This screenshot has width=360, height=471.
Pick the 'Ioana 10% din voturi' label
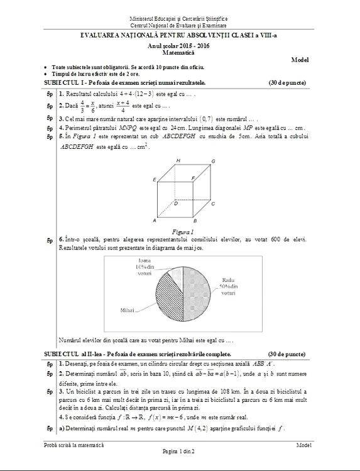click(145, 266)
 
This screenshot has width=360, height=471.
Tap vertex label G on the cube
click(213, 161)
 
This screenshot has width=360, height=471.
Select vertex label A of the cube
click(155, 221)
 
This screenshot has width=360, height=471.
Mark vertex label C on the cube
click(213, 203)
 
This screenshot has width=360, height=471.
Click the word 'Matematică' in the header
click(180, 53)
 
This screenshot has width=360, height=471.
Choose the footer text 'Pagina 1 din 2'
click(180, 451)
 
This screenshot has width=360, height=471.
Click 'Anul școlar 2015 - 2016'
click(180, 46)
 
